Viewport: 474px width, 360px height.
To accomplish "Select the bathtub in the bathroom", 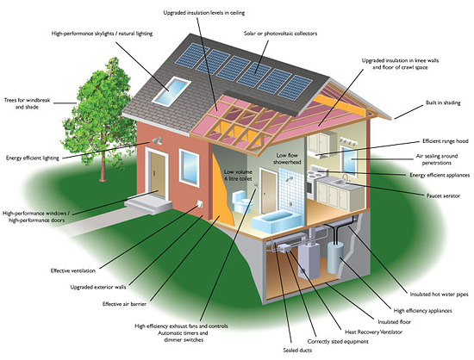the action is coord(276,222).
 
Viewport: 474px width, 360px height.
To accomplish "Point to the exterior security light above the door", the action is coord(157,140).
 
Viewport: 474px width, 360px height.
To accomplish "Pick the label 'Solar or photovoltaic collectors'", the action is coord(281,34).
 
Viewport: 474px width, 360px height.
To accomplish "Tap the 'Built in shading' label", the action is coord(443,103).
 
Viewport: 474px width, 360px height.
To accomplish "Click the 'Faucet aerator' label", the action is coord(443,196).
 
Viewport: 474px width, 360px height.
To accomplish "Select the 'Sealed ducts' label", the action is coord(297,351).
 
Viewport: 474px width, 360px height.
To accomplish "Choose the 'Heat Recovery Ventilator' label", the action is coord(374,332).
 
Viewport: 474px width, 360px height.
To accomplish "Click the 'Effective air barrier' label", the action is coord(124,304).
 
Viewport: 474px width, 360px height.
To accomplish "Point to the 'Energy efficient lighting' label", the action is coord(33,158).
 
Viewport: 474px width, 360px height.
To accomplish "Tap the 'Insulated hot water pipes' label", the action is coord(439,295).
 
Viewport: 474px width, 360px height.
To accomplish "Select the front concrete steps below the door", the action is coord(148,202).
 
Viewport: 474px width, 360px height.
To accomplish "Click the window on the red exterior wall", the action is coord(190,167).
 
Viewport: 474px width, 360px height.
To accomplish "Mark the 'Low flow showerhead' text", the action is coord(287,158).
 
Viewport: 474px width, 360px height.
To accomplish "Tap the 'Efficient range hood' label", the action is coord(446,141).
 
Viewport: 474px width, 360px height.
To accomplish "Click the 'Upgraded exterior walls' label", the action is coord(98,287).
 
